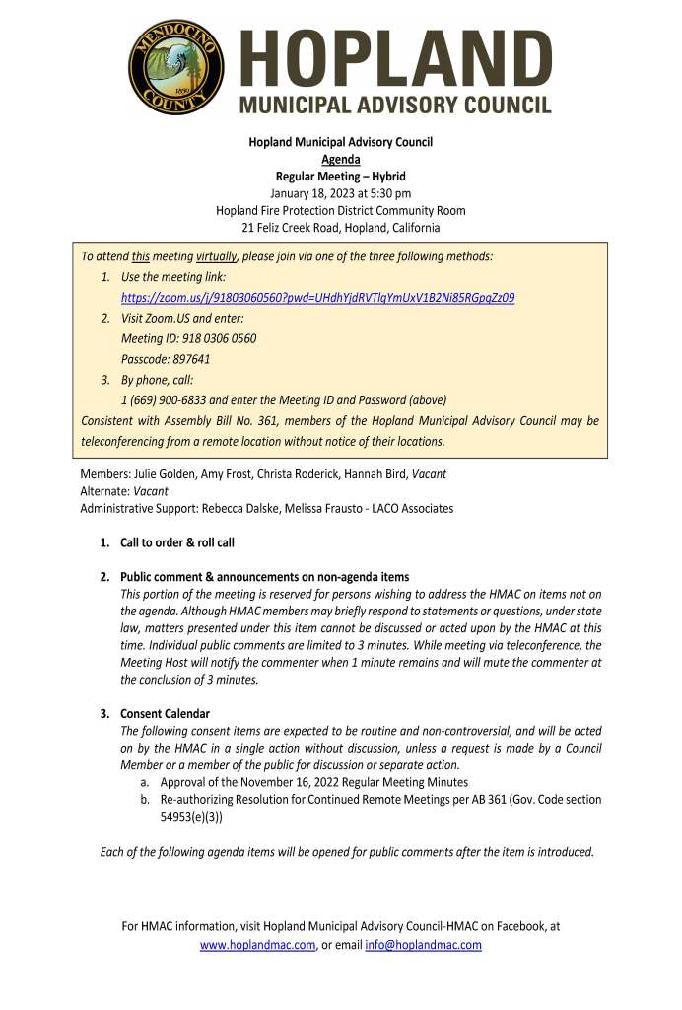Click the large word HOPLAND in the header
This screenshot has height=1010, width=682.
394,59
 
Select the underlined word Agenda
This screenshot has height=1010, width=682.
341,159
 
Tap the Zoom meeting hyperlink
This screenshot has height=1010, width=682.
317,297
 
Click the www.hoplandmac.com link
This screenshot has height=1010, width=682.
257,945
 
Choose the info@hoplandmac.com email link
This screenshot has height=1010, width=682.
423,945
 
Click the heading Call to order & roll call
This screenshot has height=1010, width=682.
177,542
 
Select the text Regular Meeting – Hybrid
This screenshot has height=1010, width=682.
341,176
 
